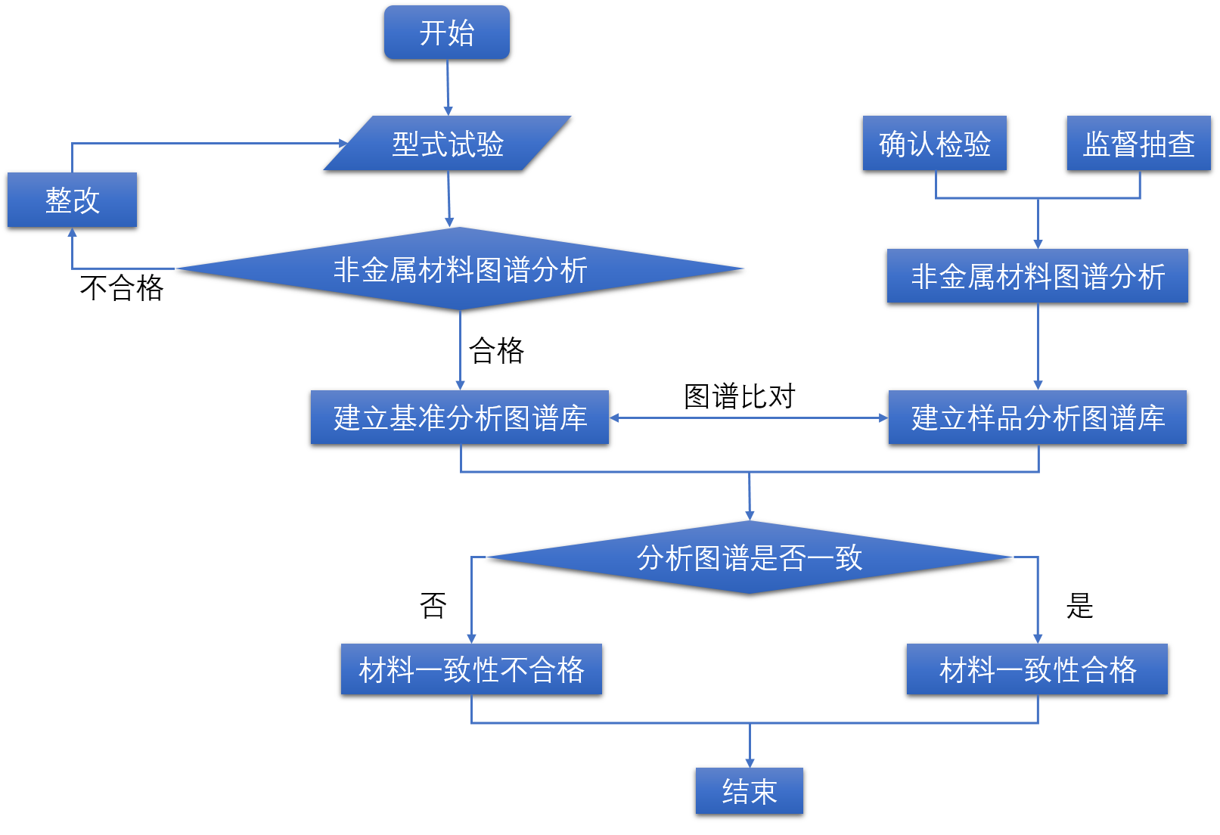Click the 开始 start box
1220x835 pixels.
446,33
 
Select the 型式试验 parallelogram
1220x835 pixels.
447,143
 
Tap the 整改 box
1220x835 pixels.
72,200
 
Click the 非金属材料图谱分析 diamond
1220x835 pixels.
460,269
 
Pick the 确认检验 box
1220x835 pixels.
934,143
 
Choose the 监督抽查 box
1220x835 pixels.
1138,143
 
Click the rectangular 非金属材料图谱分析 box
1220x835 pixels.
1037,276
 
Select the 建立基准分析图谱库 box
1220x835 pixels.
460,417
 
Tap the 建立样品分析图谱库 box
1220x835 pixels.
1037,417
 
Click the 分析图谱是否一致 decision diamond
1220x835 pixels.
749,557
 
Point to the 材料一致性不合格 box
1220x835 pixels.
471,669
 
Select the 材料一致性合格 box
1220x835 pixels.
1037,669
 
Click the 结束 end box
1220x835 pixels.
749,791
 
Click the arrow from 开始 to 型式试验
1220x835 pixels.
448,87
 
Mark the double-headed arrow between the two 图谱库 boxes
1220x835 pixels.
749,417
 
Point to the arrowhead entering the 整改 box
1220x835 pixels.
72,233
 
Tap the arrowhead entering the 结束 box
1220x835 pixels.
750,762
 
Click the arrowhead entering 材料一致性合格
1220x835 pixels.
1038,638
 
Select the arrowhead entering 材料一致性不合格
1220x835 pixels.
471,638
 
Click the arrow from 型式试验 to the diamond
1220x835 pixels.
449,198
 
